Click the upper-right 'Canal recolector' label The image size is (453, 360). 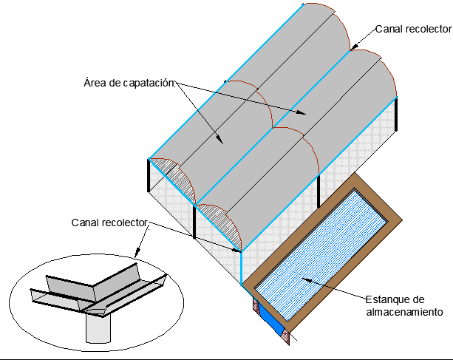412,29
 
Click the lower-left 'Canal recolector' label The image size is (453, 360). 110,223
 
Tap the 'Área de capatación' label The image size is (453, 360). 129,82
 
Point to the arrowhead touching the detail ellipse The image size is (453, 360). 147,230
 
